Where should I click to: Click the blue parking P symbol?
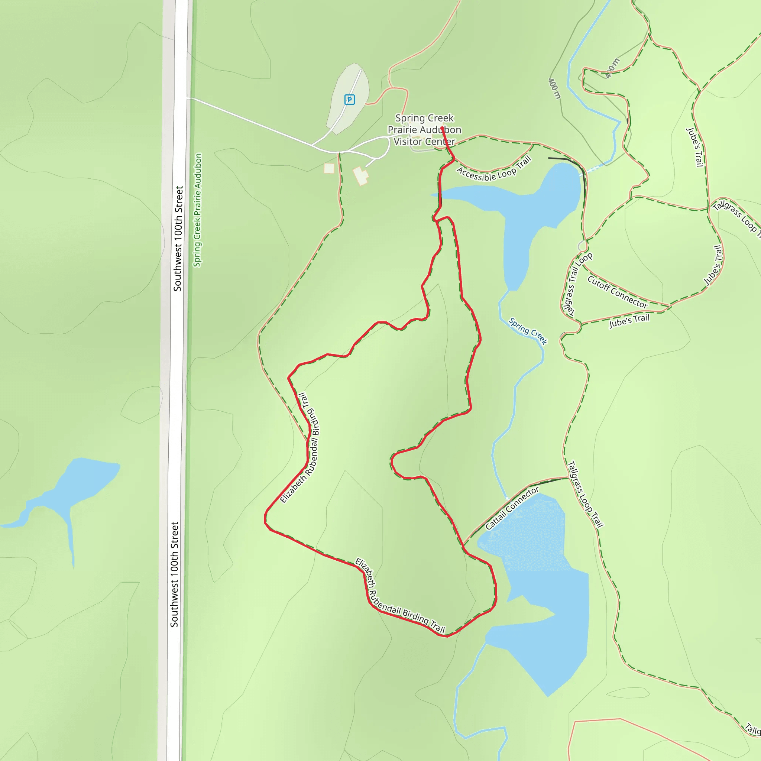(349, 100)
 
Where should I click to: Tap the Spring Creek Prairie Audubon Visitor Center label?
(424, 130)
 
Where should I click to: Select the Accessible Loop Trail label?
(494, 169)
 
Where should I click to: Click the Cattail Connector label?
(512, 508)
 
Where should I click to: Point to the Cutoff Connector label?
(617, 292)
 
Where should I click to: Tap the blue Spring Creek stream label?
(528, 331)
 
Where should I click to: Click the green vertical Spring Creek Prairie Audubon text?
(198, 210)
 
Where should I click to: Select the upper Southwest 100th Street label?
(178, 239)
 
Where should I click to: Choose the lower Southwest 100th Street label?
(175, 574)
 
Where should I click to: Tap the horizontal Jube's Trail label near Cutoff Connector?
(629, 321)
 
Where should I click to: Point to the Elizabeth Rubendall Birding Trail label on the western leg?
(301, 448)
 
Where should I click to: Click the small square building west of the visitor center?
(329, 168)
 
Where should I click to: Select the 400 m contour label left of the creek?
(554, 89)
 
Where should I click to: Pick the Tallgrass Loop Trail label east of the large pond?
(585, 494)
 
